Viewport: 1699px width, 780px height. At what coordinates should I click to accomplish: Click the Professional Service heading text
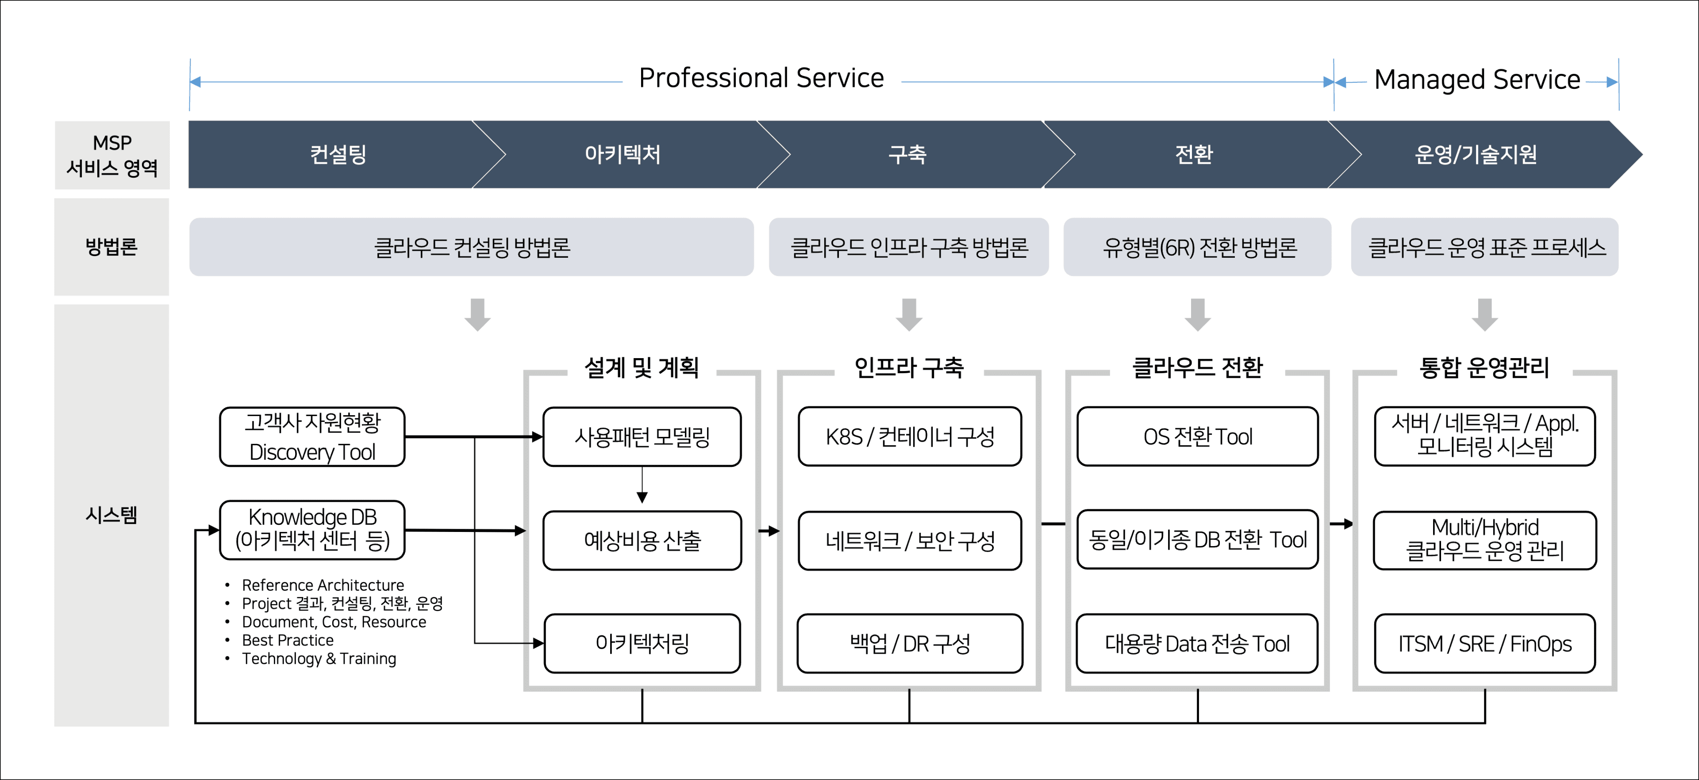(x=761, y=78)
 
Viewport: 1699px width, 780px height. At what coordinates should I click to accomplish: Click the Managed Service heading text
(x=1477, y=80)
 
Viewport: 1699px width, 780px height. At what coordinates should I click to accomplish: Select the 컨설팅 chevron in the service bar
(x=338, y=154)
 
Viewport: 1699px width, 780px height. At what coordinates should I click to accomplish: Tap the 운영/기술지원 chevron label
(x=1476, y=154)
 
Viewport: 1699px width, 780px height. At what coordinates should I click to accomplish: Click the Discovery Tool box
(x=312, y=436)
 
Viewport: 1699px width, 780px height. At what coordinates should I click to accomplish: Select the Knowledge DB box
(x=312, y=529)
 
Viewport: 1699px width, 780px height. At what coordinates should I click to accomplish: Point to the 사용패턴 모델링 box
(x=642, y=436)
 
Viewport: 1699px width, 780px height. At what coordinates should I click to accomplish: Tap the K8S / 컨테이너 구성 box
(x=910, y=436)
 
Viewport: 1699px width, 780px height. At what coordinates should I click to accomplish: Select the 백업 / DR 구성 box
(x=910, y=643)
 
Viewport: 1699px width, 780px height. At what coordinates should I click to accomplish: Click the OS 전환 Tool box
(x=1197, y=436)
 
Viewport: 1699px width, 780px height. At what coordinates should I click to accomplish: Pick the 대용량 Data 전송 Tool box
(x=1197, y=643)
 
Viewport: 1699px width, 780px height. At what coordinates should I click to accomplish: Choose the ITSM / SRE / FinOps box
(x=1485, y=643)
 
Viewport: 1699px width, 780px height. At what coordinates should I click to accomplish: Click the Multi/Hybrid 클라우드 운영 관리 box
(x=1485, y=540)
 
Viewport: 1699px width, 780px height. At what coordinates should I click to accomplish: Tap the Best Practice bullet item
(x=288, y=640)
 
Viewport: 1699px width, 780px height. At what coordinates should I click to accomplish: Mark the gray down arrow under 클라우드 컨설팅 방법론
(x=477, y=314)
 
